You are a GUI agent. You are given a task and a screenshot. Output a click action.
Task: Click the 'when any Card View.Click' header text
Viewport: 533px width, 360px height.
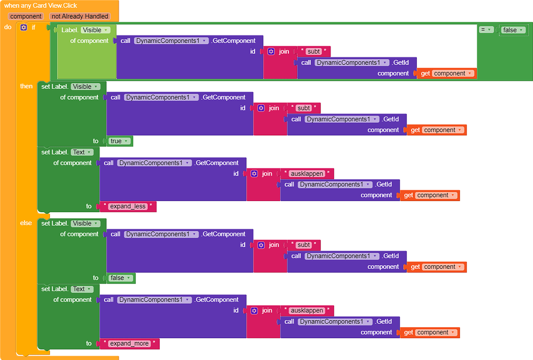pos(41,6)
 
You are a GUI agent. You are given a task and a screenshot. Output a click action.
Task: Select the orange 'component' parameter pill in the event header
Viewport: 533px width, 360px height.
pos(26,16)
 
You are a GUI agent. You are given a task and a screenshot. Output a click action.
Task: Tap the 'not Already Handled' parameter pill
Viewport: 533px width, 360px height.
pos(80,16)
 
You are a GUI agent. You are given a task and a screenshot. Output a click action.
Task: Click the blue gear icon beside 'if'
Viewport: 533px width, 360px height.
pos(23,27)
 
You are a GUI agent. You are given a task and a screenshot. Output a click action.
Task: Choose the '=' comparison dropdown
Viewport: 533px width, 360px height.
pos(486,30)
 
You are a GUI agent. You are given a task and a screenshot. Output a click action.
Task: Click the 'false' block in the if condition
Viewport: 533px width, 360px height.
pos(513,30)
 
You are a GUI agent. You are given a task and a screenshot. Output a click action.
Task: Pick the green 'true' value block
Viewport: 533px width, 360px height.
pos(119,141)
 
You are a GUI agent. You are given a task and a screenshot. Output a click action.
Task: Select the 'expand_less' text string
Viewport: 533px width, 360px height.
pos(128,206)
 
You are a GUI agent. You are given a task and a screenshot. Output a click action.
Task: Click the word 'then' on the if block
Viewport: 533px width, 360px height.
pos(26,86)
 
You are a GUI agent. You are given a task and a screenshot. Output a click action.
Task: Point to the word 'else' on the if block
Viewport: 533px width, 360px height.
pos(26,223)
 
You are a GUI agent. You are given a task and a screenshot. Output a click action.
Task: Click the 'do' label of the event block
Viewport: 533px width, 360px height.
pos(8,27)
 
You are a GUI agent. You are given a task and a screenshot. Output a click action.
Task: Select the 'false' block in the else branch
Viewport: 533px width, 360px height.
pos(121,278)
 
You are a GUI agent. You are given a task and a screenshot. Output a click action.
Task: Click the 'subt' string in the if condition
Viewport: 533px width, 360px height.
pos(313,52)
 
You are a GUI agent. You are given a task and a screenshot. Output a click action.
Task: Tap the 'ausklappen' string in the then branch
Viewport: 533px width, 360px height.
pos(307,173)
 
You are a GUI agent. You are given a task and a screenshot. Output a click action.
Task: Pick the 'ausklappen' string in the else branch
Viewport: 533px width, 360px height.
pos(307,311)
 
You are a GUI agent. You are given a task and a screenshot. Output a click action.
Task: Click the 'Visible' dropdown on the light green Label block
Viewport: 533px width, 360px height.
pos(95,30)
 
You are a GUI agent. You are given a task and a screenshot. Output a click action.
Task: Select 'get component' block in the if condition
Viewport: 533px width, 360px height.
pos(447,73)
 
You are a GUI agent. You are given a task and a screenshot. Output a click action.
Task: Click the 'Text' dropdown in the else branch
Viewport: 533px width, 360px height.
pos(82,289)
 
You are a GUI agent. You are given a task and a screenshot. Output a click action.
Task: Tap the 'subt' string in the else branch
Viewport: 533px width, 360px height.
pos(303,245)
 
